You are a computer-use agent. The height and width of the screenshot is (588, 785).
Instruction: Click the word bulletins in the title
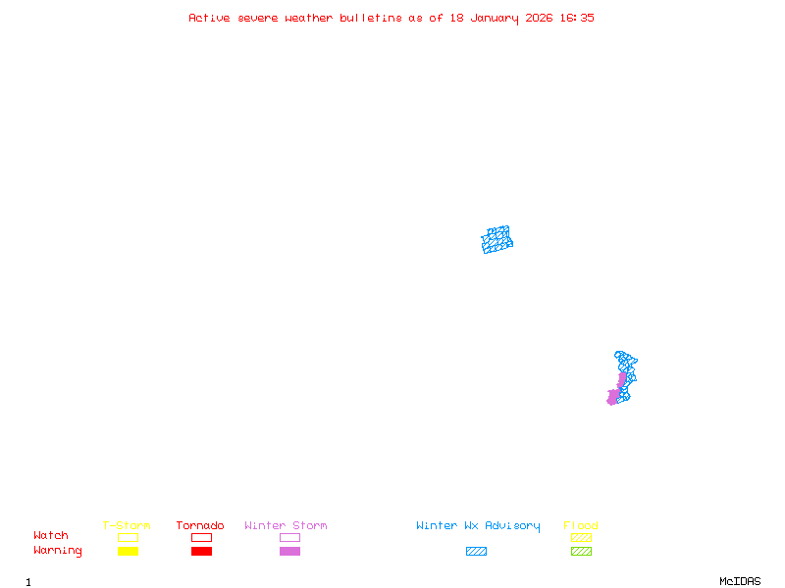371,18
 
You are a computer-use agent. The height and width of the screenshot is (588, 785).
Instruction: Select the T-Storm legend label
127,526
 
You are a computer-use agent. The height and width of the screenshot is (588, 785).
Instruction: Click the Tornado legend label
200,526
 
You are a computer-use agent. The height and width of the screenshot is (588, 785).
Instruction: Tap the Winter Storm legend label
286,526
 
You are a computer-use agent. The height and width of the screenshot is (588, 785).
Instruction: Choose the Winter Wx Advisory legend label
478,526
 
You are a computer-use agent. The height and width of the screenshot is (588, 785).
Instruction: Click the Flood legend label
581,526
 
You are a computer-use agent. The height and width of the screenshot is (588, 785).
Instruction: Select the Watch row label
51,536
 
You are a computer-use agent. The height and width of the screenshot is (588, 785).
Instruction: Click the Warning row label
58,551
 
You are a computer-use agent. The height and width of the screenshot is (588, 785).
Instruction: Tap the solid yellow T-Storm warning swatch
128,552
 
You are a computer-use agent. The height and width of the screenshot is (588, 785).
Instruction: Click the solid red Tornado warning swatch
201,552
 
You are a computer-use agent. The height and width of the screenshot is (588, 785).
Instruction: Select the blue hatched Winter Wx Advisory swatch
476,552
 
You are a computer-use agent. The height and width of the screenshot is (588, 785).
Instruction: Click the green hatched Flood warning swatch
581,552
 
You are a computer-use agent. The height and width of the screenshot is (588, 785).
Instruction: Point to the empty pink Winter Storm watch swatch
289,537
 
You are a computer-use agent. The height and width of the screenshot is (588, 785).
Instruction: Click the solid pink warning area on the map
616,394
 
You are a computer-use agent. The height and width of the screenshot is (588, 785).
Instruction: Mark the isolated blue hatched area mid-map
497,239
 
